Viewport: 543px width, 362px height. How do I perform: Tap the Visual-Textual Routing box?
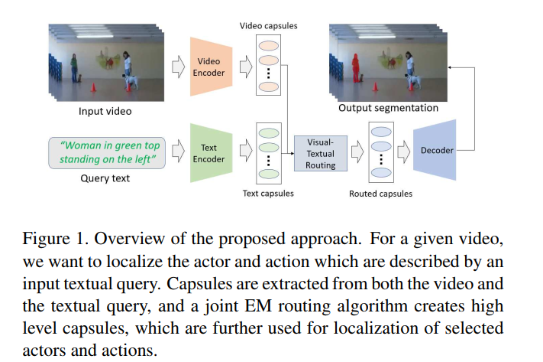(x=321, y=154)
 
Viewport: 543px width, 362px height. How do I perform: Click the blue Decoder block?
(x=436, y=151)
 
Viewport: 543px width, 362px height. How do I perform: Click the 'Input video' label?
(x=105, y=112)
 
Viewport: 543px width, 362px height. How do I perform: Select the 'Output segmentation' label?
(x=388, y=108)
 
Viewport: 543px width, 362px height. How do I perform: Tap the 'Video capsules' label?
(x=270, y=26)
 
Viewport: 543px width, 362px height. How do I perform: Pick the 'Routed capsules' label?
(x=380, y=194)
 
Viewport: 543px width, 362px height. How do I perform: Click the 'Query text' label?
(x=105, y=178)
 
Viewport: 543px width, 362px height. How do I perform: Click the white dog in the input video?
(x=133, y=79)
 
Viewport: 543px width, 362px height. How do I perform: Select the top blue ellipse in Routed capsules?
(x=380, y=132)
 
